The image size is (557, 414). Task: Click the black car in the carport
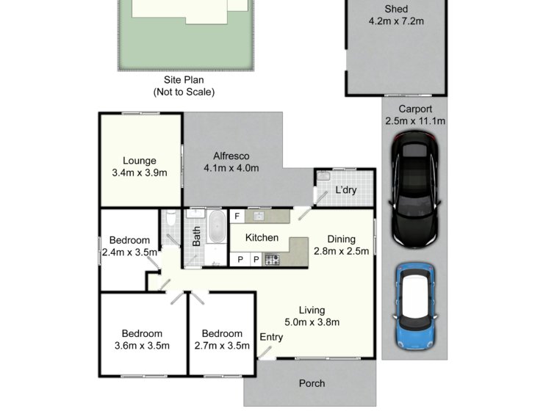[x=414, y=189]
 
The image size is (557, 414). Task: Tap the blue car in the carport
[x=415, y=306]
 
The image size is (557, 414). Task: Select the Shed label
[x=396, y=9]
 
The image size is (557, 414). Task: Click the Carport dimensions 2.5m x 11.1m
[x=415, y=121]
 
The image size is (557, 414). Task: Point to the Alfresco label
[x=231, y=156]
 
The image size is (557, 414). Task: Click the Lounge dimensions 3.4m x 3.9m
[x=140, y=172]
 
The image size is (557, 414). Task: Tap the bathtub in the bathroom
[x=217, y=227]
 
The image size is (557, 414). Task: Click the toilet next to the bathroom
[x=171, y=217]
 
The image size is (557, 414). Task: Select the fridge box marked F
[x=237, y=216]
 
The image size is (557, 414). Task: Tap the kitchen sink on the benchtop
[x=258, y=216]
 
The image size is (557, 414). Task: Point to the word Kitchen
[x=262, y=238]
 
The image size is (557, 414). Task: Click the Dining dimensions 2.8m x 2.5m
[x=342, y=251]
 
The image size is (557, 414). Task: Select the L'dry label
[x=346, y=190]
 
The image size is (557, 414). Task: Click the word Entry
[x=271, y=337]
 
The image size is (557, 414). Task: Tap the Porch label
[x=312, y=383]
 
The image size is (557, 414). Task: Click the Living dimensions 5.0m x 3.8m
[x=312, y=322]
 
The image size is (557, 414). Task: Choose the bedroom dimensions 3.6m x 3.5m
[x=142, y=346]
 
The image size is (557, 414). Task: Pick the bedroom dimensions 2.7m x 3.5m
[x=222, y=346]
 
